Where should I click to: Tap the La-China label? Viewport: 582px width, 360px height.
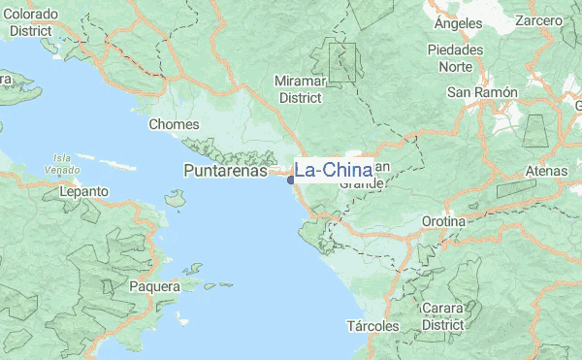tap(333, 171)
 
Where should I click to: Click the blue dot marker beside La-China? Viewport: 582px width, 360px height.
tap(290, 180)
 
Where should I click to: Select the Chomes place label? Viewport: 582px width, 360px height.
tap(174, 124)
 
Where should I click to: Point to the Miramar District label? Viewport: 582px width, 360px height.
tap(300, 89)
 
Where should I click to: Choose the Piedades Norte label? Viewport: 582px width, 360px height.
tap(455, 57)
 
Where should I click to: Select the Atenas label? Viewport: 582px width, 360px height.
tap(545, 171)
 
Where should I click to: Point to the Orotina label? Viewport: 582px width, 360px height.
tap(444, 221)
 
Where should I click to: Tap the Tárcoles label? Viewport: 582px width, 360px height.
tap(373, 326)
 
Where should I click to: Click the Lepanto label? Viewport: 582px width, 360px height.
tap(83, 192)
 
